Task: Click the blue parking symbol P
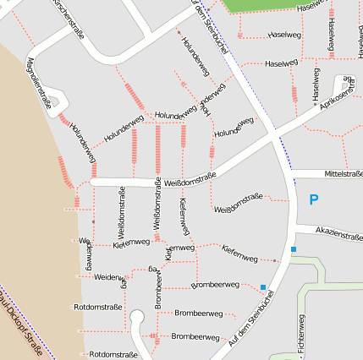click(x=314, y=200)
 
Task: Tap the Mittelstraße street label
click(x=337, y=174)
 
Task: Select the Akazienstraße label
click(x=338, y=235)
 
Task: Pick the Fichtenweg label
click(x=300, y=336)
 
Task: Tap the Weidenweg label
click(x=109, y=277)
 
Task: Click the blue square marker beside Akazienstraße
click(x=294, y=249)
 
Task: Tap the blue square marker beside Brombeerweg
click(x=263, y=287)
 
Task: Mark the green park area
click(x=262, y=5)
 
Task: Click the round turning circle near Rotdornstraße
click(x=136, y=319)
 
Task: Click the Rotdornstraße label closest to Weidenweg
click(x=98, y=308)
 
